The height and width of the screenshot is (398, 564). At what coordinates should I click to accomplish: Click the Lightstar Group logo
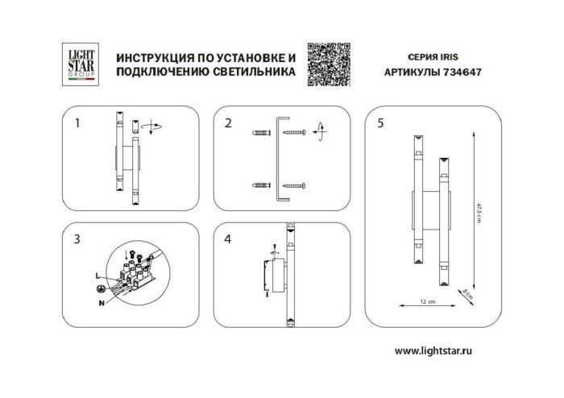click(x=79, y=64)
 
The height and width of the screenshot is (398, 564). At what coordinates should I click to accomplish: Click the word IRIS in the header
click(x=449, y=58)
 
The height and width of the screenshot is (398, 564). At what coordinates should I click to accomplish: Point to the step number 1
click(x=77, y=123)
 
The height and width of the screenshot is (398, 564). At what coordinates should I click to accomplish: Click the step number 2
click(x=229, y=123)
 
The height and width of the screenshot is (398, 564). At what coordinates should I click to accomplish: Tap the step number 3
click(x=77, y=238)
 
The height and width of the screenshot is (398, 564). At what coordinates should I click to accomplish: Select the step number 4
click(x=229, y=238)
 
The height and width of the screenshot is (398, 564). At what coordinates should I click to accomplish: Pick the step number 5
click(x=380, y=123)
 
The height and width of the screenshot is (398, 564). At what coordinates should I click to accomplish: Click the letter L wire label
click(x=97, y=276)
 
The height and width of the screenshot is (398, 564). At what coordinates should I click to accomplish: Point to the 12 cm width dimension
click(x=427, y=302)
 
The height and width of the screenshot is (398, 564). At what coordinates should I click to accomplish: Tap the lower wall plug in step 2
click(x=260, y=185)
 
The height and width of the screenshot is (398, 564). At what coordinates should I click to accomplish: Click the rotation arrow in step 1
click(x=155, y=126)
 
